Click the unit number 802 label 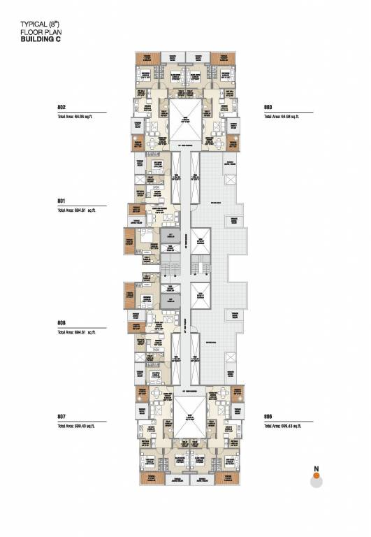pos(61,107)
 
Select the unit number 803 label pos(268,107)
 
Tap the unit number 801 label pos(61,200)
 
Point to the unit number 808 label pos(61,322)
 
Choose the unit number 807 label pos(61,416)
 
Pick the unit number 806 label pos(268,416)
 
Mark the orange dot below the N pos(316,475)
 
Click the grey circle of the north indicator pos(316,481)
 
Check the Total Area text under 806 pos(282,425)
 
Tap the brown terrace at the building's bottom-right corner pos(225,479)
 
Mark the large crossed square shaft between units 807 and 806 pos(185,417)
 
